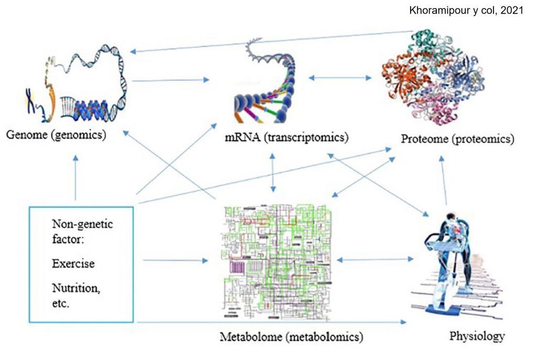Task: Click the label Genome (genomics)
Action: click(x=56, y=135)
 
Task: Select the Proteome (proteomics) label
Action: click(x=457, y=139)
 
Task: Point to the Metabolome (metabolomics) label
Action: click(x=292, y=335)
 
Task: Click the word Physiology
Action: click(x=477, y=335)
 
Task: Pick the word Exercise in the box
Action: click(x=73, y=263)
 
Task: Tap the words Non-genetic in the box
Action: click(x=82, y=225)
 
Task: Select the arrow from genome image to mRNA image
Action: click(x=170, y=80)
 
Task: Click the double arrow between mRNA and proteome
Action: click(x=340, y=78)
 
